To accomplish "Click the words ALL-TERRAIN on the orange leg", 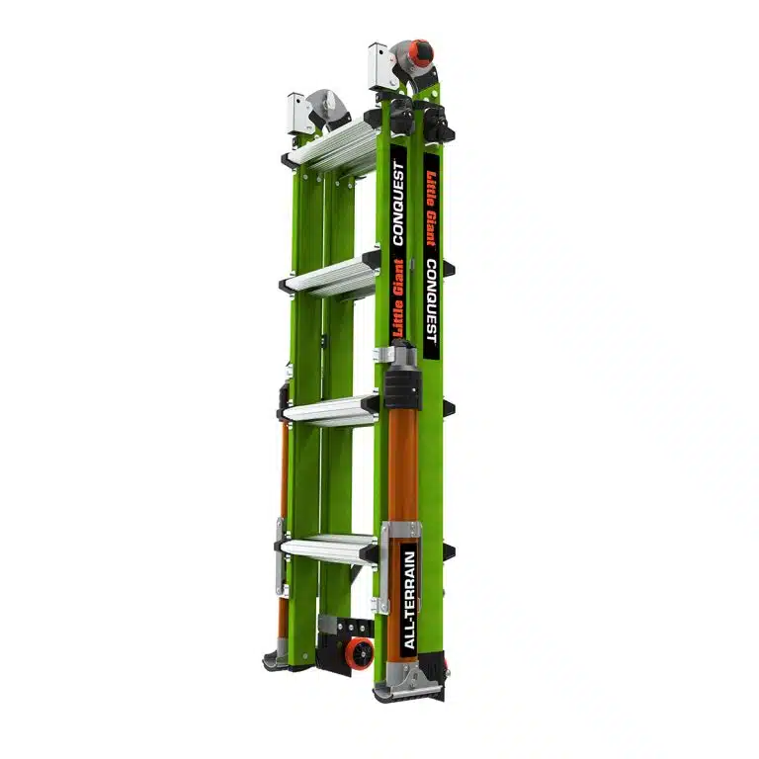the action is (409, 600).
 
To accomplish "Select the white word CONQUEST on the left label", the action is (398, 204).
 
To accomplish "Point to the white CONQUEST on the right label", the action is (431, 301).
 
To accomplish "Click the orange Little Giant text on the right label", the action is (431, 210).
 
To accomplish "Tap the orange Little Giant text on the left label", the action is (398, 298).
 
